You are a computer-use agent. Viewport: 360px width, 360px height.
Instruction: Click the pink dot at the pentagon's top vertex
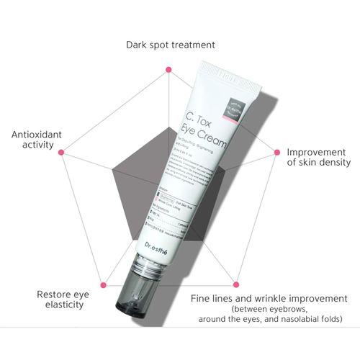click(x=168, y=70)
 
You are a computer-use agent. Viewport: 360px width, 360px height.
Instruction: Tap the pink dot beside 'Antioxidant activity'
click(x=62, y=153)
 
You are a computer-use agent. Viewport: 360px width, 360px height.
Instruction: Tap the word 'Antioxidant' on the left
click(x=37, y=135)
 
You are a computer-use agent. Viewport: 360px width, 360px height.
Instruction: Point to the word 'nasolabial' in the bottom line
click(x=293, y=320)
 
